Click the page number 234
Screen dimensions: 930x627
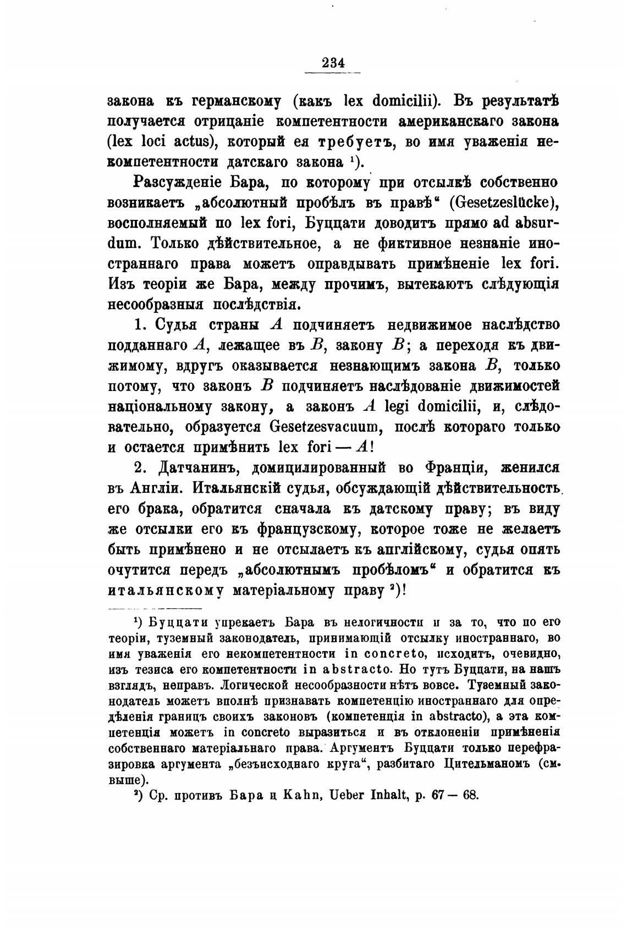click(333, 62)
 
